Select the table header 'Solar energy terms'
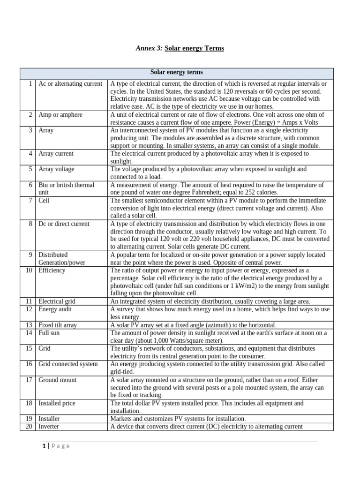pos(176,72)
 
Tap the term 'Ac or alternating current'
pos(70,84)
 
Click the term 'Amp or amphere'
pos(60,115)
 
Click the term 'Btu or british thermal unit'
pos(66,188)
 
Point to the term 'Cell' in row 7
pos(44,200)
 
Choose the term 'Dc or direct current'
pos(64,224)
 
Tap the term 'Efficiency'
pos(52,270)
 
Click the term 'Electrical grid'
pos(57,301)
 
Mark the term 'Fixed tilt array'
pos(58,325)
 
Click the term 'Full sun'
pos(49,333)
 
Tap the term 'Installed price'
pos(57,403)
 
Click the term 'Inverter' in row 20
pos(49,427)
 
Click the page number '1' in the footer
pos(43,446)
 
